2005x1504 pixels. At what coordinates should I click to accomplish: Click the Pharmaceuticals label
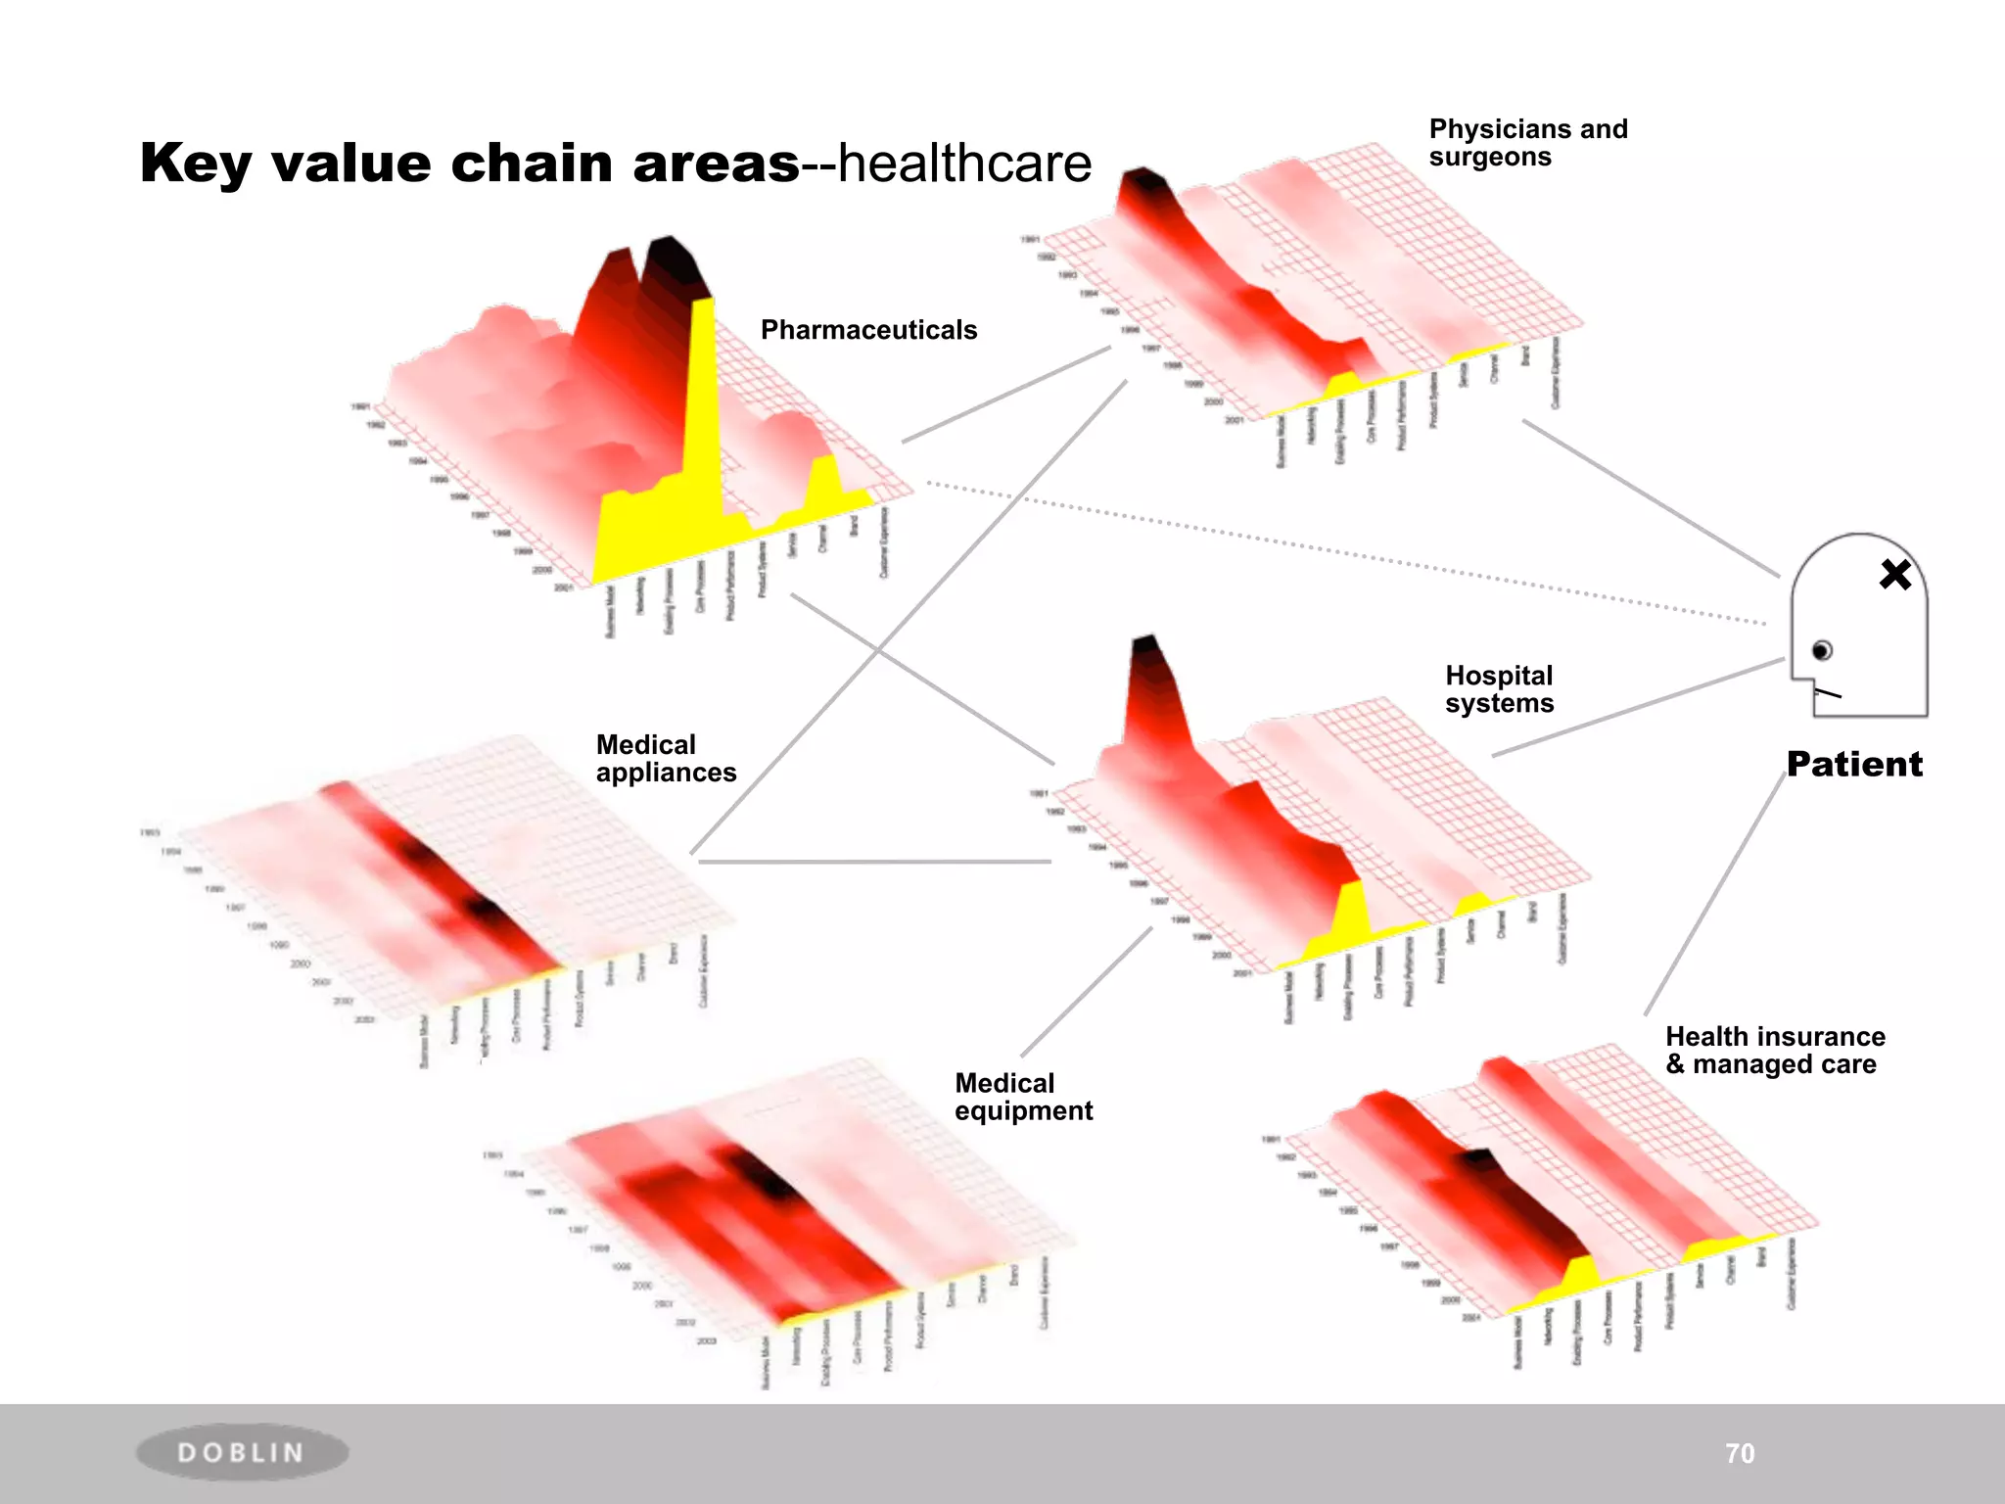(x=868, y=330)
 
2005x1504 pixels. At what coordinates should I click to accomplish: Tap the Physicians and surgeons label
(x=1527, y=143)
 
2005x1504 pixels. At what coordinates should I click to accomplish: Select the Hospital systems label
(x=1499, y=689)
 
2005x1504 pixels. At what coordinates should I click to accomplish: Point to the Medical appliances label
(x=666, y=759)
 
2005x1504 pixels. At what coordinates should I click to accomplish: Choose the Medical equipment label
(x=1023, y=1097)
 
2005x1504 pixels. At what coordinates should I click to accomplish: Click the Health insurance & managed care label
(x=1775, y=1051)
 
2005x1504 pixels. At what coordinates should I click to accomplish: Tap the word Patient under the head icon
(x=1854, y=764)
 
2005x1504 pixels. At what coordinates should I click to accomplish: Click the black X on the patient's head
(x=1895, y=575)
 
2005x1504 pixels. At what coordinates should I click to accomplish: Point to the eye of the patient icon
(x=1822, y=650)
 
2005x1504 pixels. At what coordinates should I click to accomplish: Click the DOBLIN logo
(x=241, y=1452)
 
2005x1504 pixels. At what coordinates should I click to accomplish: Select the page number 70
(x=1740, y=1453)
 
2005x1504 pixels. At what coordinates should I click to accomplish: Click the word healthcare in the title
(x=964, y=164)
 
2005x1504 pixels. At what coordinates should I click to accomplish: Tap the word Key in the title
(x=196, y=164)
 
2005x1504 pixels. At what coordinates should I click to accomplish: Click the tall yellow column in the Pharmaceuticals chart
(x=703, y=411)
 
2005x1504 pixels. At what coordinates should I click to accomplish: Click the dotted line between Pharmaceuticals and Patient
(x=1351, y=552)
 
